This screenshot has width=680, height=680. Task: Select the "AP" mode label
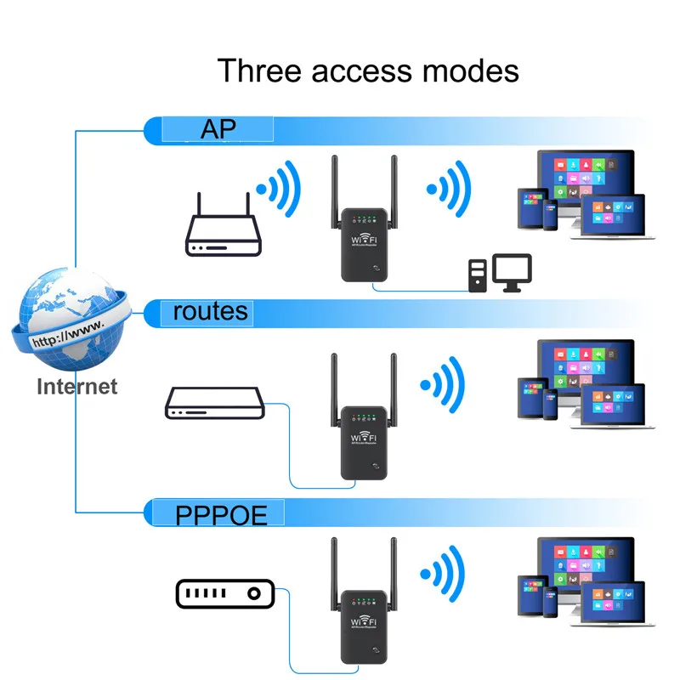[x=218, y=128]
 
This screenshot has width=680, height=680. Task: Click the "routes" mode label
[x=211, y=311]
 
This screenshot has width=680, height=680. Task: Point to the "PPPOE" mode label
[x=221, y=514]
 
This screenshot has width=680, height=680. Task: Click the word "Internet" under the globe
[x=76, y=387]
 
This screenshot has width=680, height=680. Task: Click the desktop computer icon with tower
[x=501, y=273]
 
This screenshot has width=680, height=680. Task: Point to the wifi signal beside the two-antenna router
[x=280, y=189]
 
